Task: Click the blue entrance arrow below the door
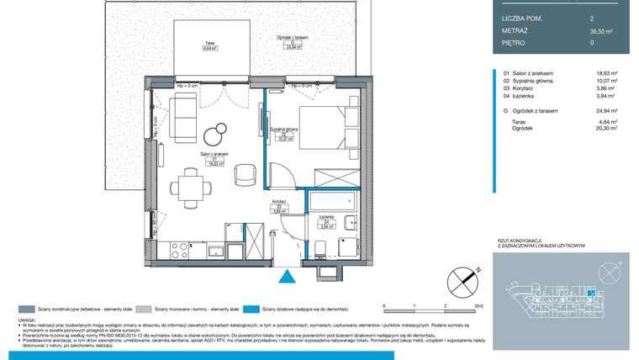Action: coord(288,276)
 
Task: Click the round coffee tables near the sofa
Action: coord(217,134)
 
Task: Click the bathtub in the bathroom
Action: coord(334,203)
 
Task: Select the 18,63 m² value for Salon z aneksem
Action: coord(606,73)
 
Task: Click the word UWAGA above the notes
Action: coord(27,321)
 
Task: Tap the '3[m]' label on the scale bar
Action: coord(478,305)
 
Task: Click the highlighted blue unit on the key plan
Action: coord(590,293)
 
